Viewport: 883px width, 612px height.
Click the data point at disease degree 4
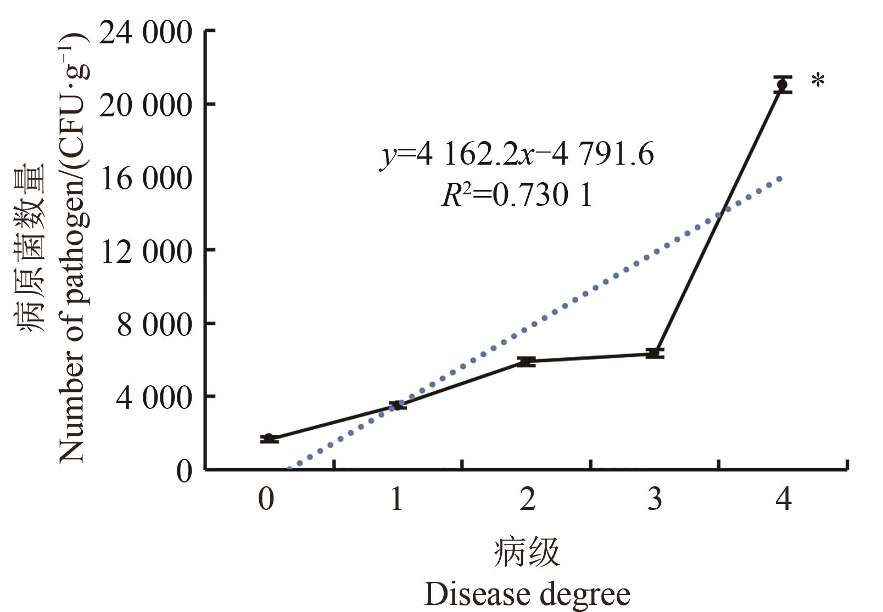point(782,85)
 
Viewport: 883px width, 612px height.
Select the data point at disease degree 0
point(269,439)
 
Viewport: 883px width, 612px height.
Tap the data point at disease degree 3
point(654,353)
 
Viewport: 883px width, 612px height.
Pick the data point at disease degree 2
point(526,361)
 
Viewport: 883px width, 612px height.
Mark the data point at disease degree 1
point(397,406)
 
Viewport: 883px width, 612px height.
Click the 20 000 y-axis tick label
point(146,105)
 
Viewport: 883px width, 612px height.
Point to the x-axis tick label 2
point(527,499)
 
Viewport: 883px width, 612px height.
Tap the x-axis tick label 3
point(655,499)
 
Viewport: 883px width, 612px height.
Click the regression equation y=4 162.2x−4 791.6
point(517,155)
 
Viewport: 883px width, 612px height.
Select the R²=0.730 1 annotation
point(517,195)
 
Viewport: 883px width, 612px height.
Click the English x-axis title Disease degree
point(527,594)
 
